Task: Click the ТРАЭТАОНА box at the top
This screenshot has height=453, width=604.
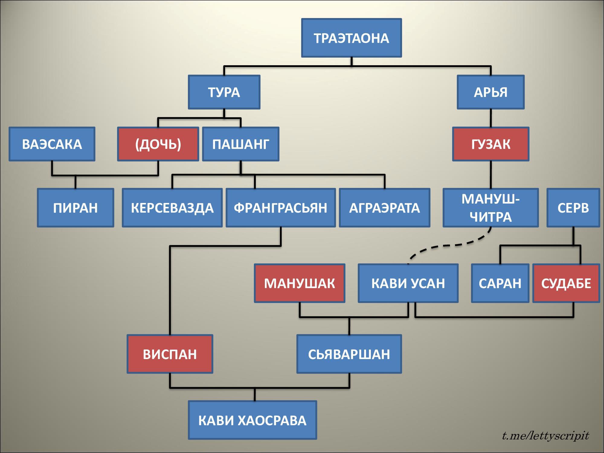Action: click(352, 38)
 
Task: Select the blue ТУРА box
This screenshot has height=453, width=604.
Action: click(224, 92)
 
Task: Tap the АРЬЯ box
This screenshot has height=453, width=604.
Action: click(490, 92)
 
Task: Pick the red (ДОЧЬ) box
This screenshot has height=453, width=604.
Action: click(158, 144)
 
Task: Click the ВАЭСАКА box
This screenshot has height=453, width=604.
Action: click(52, 144)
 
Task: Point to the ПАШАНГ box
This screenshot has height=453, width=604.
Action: click(241, 144)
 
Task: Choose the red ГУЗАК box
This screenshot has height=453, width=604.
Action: click(490, 144)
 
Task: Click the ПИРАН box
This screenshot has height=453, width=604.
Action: click(75, 208)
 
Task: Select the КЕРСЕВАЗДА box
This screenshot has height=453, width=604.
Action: click(172, 208)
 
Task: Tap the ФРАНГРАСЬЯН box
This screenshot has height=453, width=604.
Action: click(281, 208)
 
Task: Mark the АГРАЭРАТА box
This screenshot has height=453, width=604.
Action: click(384, 208)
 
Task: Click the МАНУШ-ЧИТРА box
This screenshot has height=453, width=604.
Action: click(490, 208)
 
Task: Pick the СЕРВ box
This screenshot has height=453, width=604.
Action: click(573, 208)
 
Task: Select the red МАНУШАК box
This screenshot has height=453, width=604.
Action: click(300, 283)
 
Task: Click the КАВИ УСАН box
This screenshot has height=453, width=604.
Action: click(408, 283)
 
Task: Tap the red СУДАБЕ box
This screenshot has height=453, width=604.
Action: click(566, 283)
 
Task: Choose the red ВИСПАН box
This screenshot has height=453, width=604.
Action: click(170, 354)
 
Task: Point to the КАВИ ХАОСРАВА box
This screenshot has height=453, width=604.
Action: click(252, 420)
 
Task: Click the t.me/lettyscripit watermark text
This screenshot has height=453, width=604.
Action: click(545, 436)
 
